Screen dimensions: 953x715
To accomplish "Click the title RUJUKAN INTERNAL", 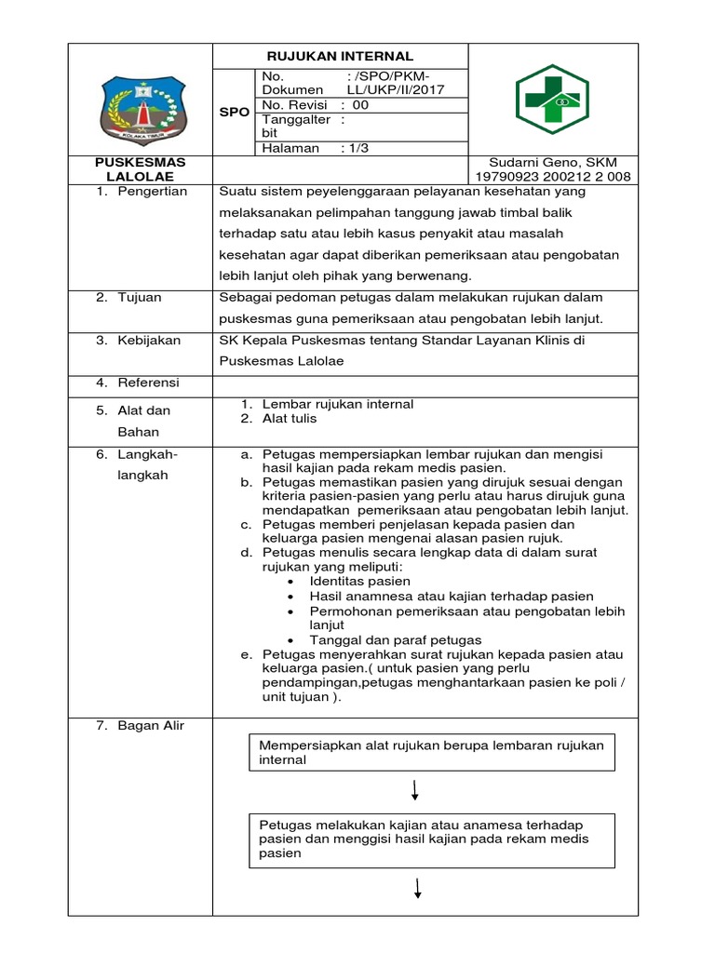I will pos(341,56).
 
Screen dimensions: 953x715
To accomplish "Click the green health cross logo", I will pos(552,101).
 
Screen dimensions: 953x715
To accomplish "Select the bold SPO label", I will pos(234,112).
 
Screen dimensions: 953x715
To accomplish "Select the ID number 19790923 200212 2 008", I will pos(553,176).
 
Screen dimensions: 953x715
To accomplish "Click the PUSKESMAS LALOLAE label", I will pos(142,168).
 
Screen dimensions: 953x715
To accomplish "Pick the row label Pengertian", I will pos(153,192).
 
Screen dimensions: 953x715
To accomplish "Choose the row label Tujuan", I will pos(140,297).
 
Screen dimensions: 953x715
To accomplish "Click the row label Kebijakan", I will pos(149,341).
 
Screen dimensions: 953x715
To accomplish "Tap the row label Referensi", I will pos(148,383).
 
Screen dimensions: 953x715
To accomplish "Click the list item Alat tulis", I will pos(290,419).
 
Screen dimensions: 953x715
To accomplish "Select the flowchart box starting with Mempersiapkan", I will pos(434,752).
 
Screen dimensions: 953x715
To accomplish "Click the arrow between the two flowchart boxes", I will pos(414,791).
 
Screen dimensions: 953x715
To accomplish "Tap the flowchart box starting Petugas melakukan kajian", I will pos(434,839).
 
